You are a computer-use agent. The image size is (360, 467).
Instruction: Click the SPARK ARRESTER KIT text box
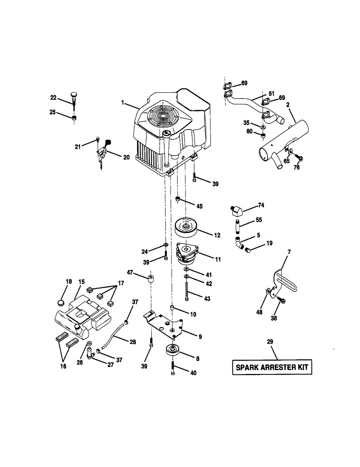coord(272,367)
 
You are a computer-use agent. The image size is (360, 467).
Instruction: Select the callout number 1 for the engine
coord(123,103)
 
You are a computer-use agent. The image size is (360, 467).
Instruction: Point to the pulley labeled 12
coord(186,227)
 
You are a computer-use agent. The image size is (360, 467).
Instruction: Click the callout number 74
coord(261,205)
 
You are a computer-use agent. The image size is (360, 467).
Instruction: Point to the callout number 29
coord(270,342)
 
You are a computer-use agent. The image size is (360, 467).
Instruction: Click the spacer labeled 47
coord(150,279)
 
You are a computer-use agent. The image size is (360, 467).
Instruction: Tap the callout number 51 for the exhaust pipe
coord(271,93)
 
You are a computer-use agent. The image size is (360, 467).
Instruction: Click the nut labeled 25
coord(74,118)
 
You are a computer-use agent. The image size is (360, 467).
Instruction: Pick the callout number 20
coord(126,158)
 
